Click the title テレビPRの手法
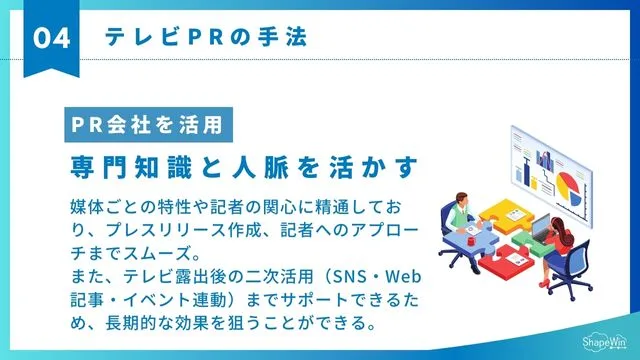pos(205,37)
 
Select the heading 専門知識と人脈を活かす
pos(243,163)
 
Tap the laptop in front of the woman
pos(541,228)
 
